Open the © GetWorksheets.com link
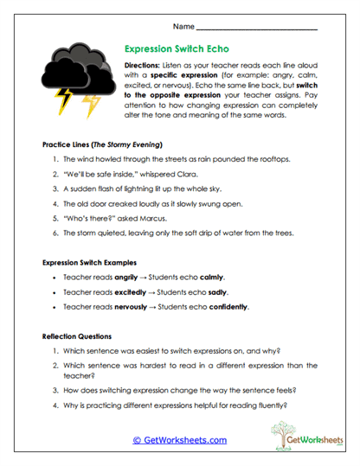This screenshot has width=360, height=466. (179, 440)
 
